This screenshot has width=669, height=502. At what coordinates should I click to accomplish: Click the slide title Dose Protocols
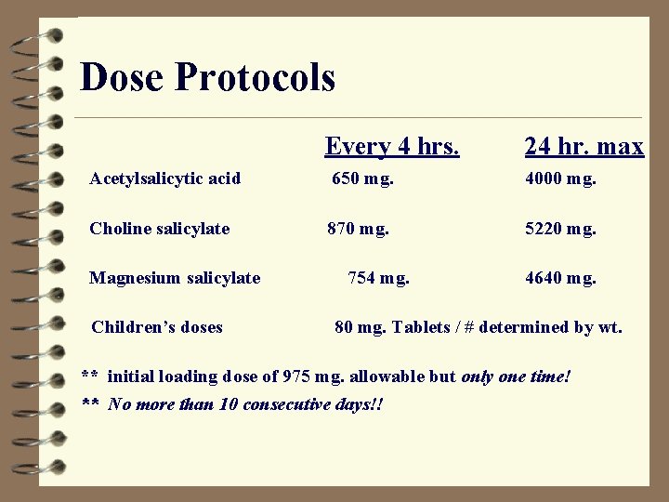[x=207, y=77]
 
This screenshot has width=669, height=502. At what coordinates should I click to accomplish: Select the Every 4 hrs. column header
[x=391, y=146]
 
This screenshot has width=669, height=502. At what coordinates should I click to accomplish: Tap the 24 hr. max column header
[x=584, y=146]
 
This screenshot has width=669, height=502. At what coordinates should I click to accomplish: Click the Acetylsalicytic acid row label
[x=165, y=178]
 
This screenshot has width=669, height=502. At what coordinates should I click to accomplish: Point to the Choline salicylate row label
[x=159, y=229]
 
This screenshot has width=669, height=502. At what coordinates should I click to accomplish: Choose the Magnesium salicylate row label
[x=175, y=278]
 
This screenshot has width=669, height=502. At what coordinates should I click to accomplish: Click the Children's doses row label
[x=157, y=327]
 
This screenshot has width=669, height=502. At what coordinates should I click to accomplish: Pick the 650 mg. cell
[x=362, y=178]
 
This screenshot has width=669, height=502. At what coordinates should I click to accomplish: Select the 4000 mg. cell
[x=560, y=178]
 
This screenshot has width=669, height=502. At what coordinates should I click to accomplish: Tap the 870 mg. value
[x=358, y=229]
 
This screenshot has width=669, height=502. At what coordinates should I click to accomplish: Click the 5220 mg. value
[x=560, y=229]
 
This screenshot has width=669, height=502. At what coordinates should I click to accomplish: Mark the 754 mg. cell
[x=378, y=278]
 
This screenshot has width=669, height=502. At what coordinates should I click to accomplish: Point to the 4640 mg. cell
[x=560, y=278]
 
